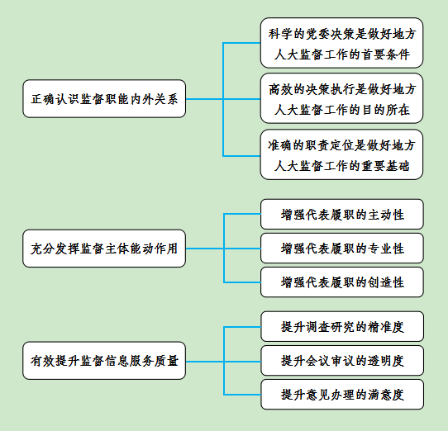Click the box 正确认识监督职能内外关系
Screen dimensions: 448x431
pyautogui.click(x=104, y=99)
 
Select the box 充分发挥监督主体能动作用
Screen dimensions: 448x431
pyautogui.click(x=104, y=249)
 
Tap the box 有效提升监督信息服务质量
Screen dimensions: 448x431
pyautogui.click(x=104, y=361)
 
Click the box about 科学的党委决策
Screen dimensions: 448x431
pyautogui.click(x=341, y=43)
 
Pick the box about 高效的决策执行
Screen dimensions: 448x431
pyautogui.click(x=341, y=98)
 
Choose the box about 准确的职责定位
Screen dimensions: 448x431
pyautogui.click(x=341, y=154)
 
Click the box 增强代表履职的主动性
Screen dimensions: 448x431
pyautogui.click(x=342, y=215)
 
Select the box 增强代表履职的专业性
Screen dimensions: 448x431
pyautogui.click(x=342, y=249)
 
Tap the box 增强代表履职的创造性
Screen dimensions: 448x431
pyautogui.click(x=342, y=282)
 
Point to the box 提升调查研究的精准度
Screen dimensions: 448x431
pyautogui.click(x=342, y=326)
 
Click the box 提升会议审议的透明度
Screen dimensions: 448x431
pyautogui.click(x=342, y=361)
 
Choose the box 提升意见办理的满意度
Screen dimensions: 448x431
pyautogui.click(x=342, y=395)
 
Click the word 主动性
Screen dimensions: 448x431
pyautogui.click(x=386, y=215)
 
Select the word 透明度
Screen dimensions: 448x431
pyautogui.click(x=386, y=361)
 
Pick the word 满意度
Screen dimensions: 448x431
pyautogui.click(x=386, y=395)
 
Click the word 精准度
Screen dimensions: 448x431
pyautogui.click(x=386, y=327)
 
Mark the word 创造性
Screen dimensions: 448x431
pyautogui.click(x=386, y=282)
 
